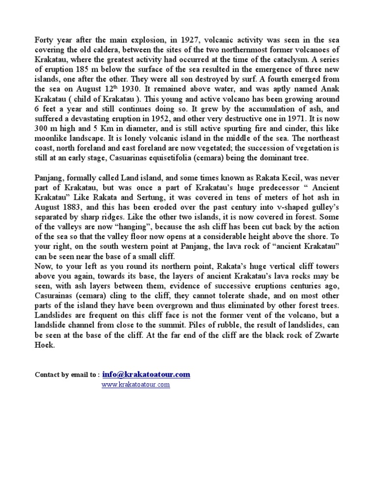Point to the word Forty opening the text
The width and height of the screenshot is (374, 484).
(x=44, y=39)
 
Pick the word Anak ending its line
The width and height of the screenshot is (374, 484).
(x=329, y=90)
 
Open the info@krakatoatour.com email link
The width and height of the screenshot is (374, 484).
(x=146, y=374)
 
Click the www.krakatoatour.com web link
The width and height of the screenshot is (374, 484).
(x=135, y=385)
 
